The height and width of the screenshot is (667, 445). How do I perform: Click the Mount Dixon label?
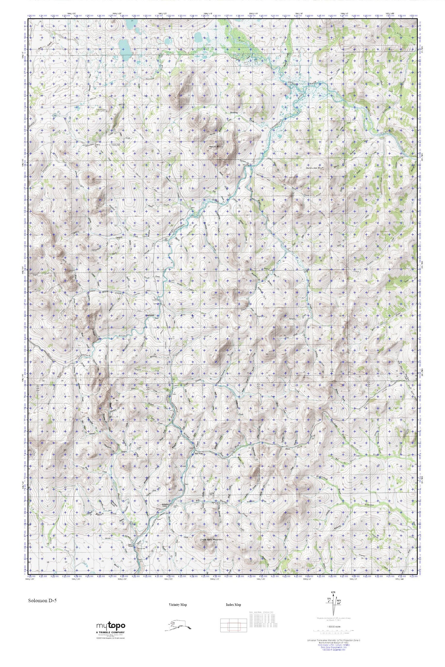pos(216,146)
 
